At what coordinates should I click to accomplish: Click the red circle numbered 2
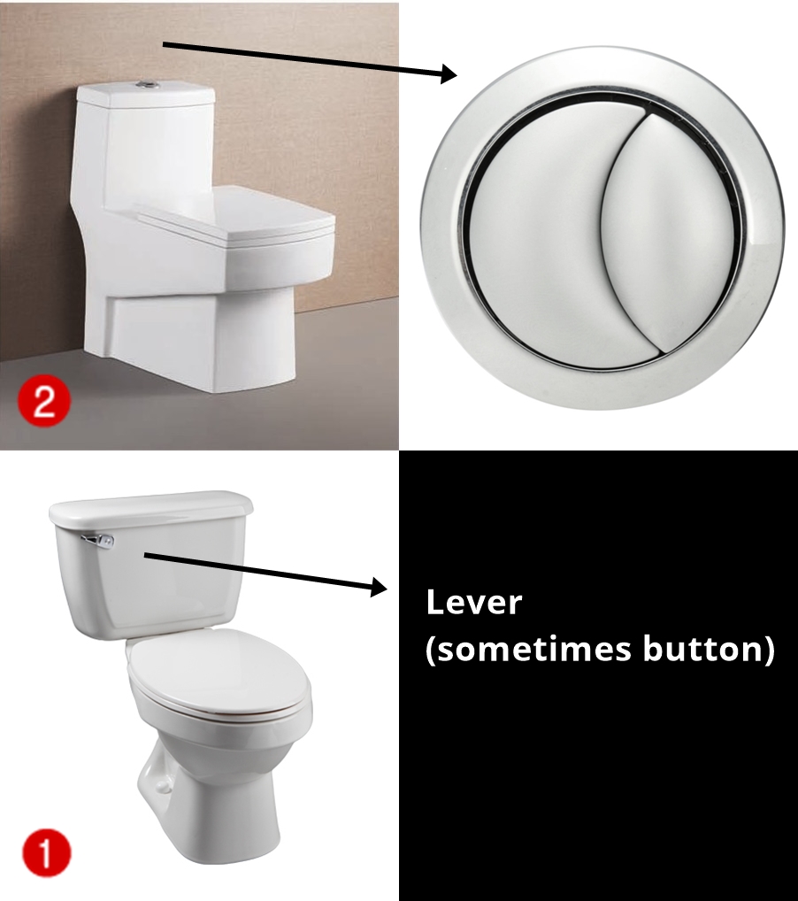(43, 400)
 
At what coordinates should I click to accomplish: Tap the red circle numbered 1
(46, 852)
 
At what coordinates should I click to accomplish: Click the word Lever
(474, 602)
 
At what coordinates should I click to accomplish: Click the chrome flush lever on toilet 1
(98, 540)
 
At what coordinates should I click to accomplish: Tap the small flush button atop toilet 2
(147, 84)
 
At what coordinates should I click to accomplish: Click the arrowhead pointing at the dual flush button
(449, 73)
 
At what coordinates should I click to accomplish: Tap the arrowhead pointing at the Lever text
(380, 587)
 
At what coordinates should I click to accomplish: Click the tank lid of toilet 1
(150, 506)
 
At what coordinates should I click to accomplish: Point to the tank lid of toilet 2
(146, 94)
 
